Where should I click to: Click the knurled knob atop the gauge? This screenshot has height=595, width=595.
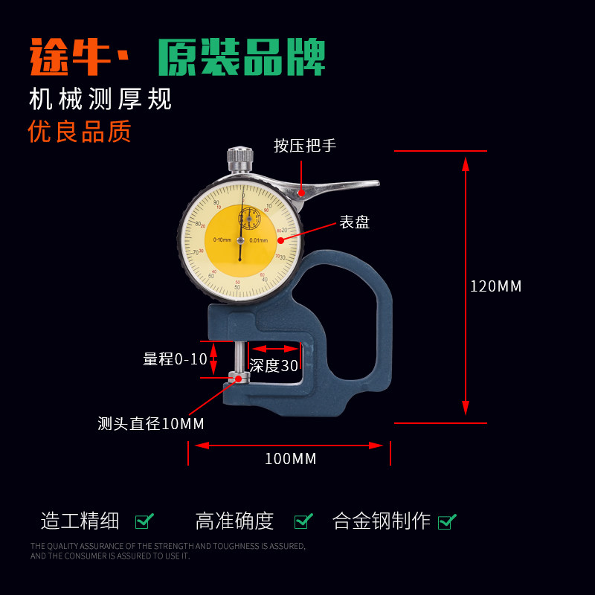239,158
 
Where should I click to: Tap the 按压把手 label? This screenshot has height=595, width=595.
305,146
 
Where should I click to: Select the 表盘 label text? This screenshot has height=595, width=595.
355,222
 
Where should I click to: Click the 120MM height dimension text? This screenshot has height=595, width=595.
496,286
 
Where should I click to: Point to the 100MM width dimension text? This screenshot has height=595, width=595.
291,459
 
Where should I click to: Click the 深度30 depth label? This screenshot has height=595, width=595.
274,365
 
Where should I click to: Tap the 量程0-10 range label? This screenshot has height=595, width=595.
176,359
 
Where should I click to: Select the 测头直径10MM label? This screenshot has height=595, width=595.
151,424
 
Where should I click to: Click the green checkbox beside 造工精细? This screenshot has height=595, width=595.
144,521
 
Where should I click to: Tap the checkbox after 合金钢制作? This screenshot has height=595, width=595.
447,521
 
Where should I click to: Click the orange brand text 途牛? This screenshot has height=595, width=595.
71,57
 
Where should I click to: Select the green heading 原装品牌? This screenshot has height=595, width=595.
242,57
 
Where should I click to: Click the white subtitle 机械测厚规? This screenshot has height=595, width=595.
100,99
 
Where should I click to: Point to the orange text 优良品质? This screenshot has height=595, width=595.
80,132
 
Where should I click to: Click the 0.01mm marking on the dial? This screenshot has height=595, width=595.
259,239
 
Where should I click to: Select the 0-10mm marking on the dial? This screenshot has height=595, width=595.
222,239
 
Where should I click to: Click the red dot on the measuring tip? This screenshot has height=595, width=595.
238,379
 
